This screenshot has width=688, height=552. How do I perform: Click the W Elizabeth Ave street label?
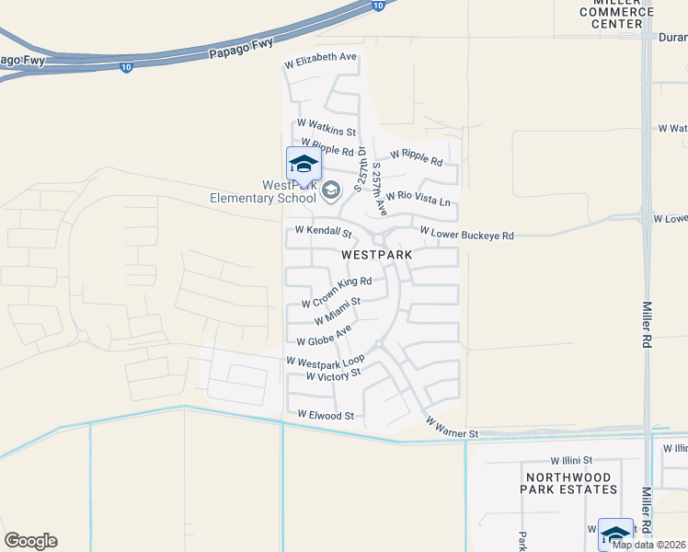coord(319,57)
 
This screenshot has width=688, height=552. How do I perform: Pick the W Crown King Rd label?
coord(337,292)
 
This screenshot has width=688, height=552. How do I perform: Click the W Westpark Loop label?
coord(326,361)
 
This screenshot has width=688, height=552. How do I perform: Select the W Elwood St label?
coord(326,416)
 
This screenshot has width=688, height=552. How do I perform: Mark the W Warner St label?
coord(452,427)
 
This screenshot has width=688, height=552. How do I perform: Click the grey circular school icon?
coord(331,190)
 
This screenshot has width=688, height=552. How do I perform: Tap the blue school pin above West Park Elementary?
coord(304,165)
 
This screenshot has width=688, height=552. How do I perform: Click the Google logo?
coord(30,541)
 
